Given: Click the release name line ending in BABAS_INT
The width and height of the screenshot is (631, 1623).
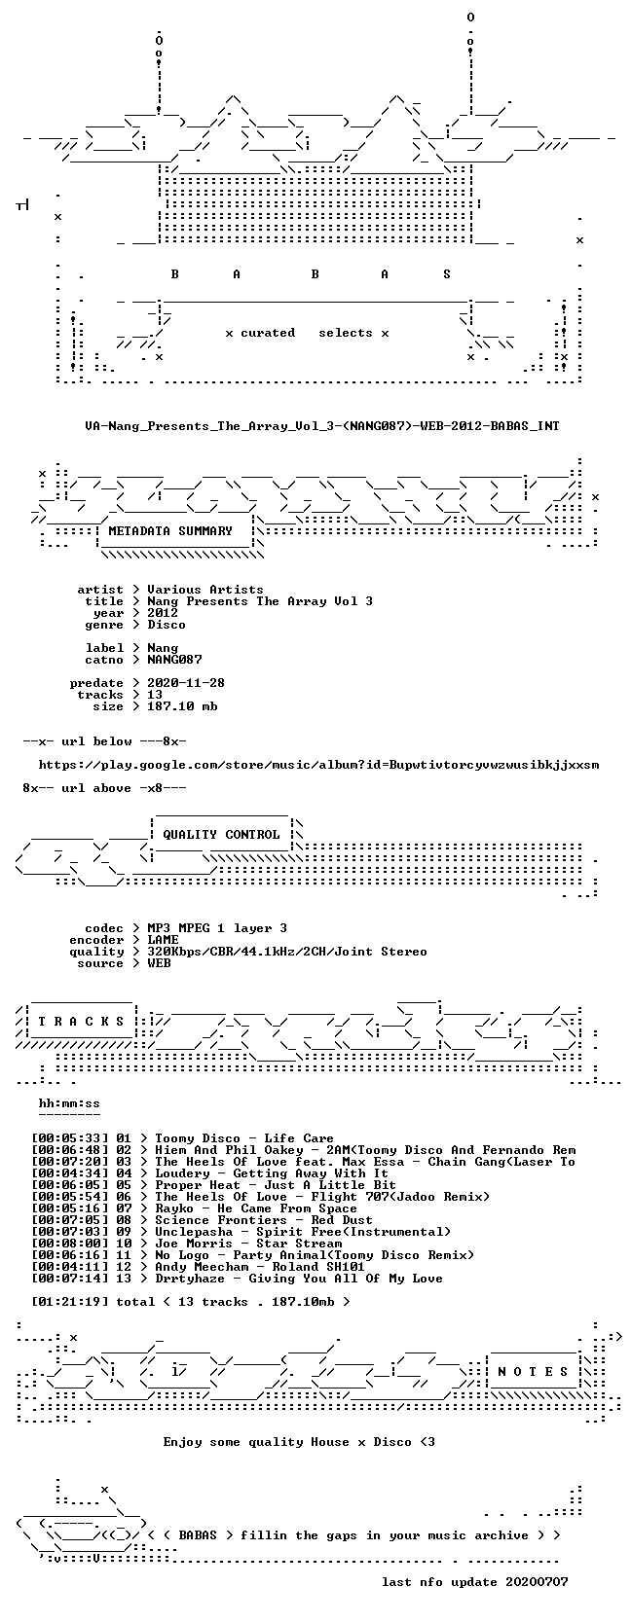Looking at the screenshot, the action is click(x=322, y=426).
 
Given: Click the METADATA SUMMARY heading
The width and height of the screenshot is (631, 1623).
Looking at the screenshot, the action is click(x=170, y=531).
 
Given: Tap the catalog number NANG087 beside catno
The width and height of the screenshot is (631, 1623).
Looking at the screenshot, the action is click(x=174, y=660).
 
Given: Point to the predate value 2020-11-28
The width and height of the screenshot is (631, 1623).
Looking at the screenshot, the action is click(x=186, y=682).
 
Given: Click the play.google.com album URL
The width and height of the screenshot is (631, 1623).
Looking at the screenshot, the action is click(x=318, y=765).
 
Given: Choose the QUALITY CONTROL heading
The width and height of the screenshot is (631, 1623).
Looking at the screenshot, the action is click(x=221, y=835).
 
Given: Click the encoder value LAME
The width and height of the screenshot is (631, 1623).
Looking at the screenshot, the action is click(x=163, y=940).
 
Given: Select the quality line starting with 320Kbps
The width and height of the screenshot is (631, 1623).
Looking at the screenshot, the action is click(x=287, y=952).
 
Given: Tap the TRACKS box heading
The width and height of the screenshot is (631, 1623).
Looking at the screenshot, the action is click(x=81, y=1022).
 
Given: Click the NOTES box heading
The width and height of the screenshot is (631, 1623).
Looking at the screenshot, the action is click(x=533, y=1372).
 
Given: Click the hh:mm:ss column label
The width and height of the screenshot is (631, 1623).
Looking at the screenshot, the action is click(x=69, y=1103).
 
